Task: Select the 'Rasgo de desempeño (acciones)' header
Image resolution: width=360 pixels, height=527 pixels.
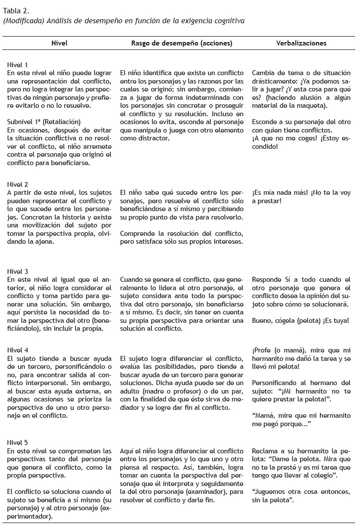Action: pos(181,44)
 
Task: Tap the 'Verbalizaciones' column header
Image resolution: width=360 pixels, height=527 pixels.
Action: pos(301,44)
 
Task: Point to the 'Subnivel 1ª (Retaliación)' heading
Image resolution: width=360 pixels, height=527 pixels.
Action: pos(44,122)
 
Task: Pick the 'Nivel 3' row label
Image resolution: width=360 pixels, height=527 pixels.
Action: pos(18,272)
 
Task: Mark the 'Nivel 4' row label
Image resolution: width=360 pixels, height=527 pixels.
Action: pos(18,351)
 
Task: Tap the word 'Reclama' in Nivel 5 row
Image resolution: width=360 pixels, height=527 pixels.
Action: pos(266,451)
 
